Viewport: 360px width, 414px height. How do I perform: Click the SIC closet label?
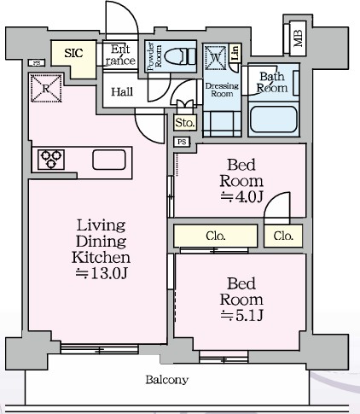(73, 53)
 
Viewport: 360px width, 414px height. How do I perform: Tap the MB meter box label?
(298, 38)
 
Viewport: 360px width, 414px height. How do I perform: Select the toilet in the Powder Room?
(180, 56)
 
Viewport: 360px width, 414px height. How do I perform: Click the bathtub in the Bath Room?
(273, 120)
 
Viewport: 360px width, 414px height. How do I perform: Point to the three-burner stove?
(51, 160)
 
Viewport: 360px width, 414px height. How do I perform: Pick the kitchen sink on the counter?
(109, 160)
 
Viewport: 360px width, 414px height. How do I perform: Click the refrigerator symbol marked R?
(46, 88)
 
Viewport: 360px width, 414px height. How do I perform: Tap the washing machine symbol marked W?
(216, 58)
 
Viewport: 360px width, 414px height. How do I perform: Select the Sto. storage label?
(185, 123)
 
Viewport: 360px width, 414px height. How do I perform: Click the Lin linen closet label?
(235, 53)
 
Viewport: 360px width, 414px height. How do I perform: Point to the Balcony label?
(167, 380)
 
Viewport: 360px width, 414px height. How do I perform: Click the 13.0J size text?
(101, 273)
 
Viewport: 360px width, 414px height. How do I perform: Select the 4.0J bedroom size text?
(241, 196)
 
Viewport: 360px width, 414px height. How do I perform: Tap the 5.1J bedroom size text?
(241, 315)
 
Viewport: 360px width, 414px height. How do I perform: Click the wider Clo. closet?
(216, 236)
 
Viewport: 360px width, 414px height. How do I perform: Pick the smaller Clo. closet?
(283, 236)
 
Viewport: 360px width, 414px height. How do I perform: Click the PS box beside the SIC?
(37, 63)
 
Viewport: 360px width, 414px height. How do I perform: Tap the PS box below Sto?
(182, 142)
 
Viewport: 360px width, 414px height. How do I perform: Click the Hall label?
(122, 92)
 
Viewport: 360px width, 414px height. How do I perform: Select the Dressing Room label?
(222, 90)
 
